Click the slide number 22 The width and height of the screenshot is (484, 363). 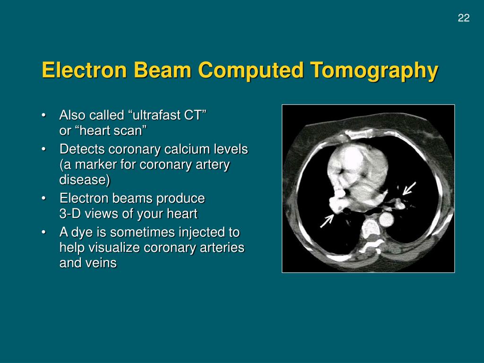coord(463,18)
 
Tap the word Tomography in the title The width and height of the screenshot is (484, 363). coord(374,70)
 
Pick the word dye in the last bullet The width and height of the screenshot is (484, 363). coord(82,233)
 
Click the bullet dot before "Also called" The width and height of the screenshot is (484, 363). coord(44,115)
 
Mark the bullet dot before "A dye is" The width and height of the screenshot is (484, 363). coord(44,233)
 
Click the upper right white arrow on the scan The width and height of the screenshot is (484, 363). coord(409,189)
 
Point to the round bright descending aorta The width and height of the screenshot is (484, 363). coord(386,219)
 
